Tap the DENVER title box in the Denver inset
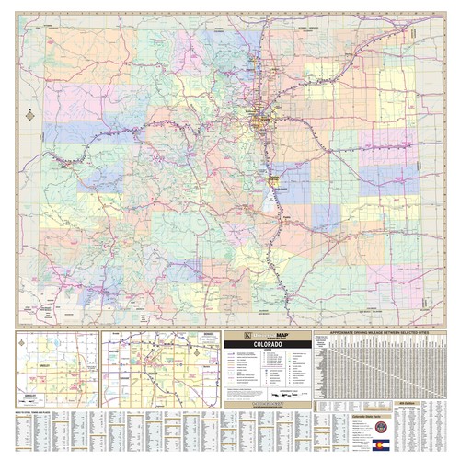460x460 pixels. pyautogui.click(x=208, y=335)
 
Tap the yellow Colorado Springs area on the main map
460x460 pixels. pyautogui.click(x=274, y=175)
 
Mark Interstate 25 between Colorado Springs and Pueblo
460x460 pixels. pyautogui.click(x=278, y=198)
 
